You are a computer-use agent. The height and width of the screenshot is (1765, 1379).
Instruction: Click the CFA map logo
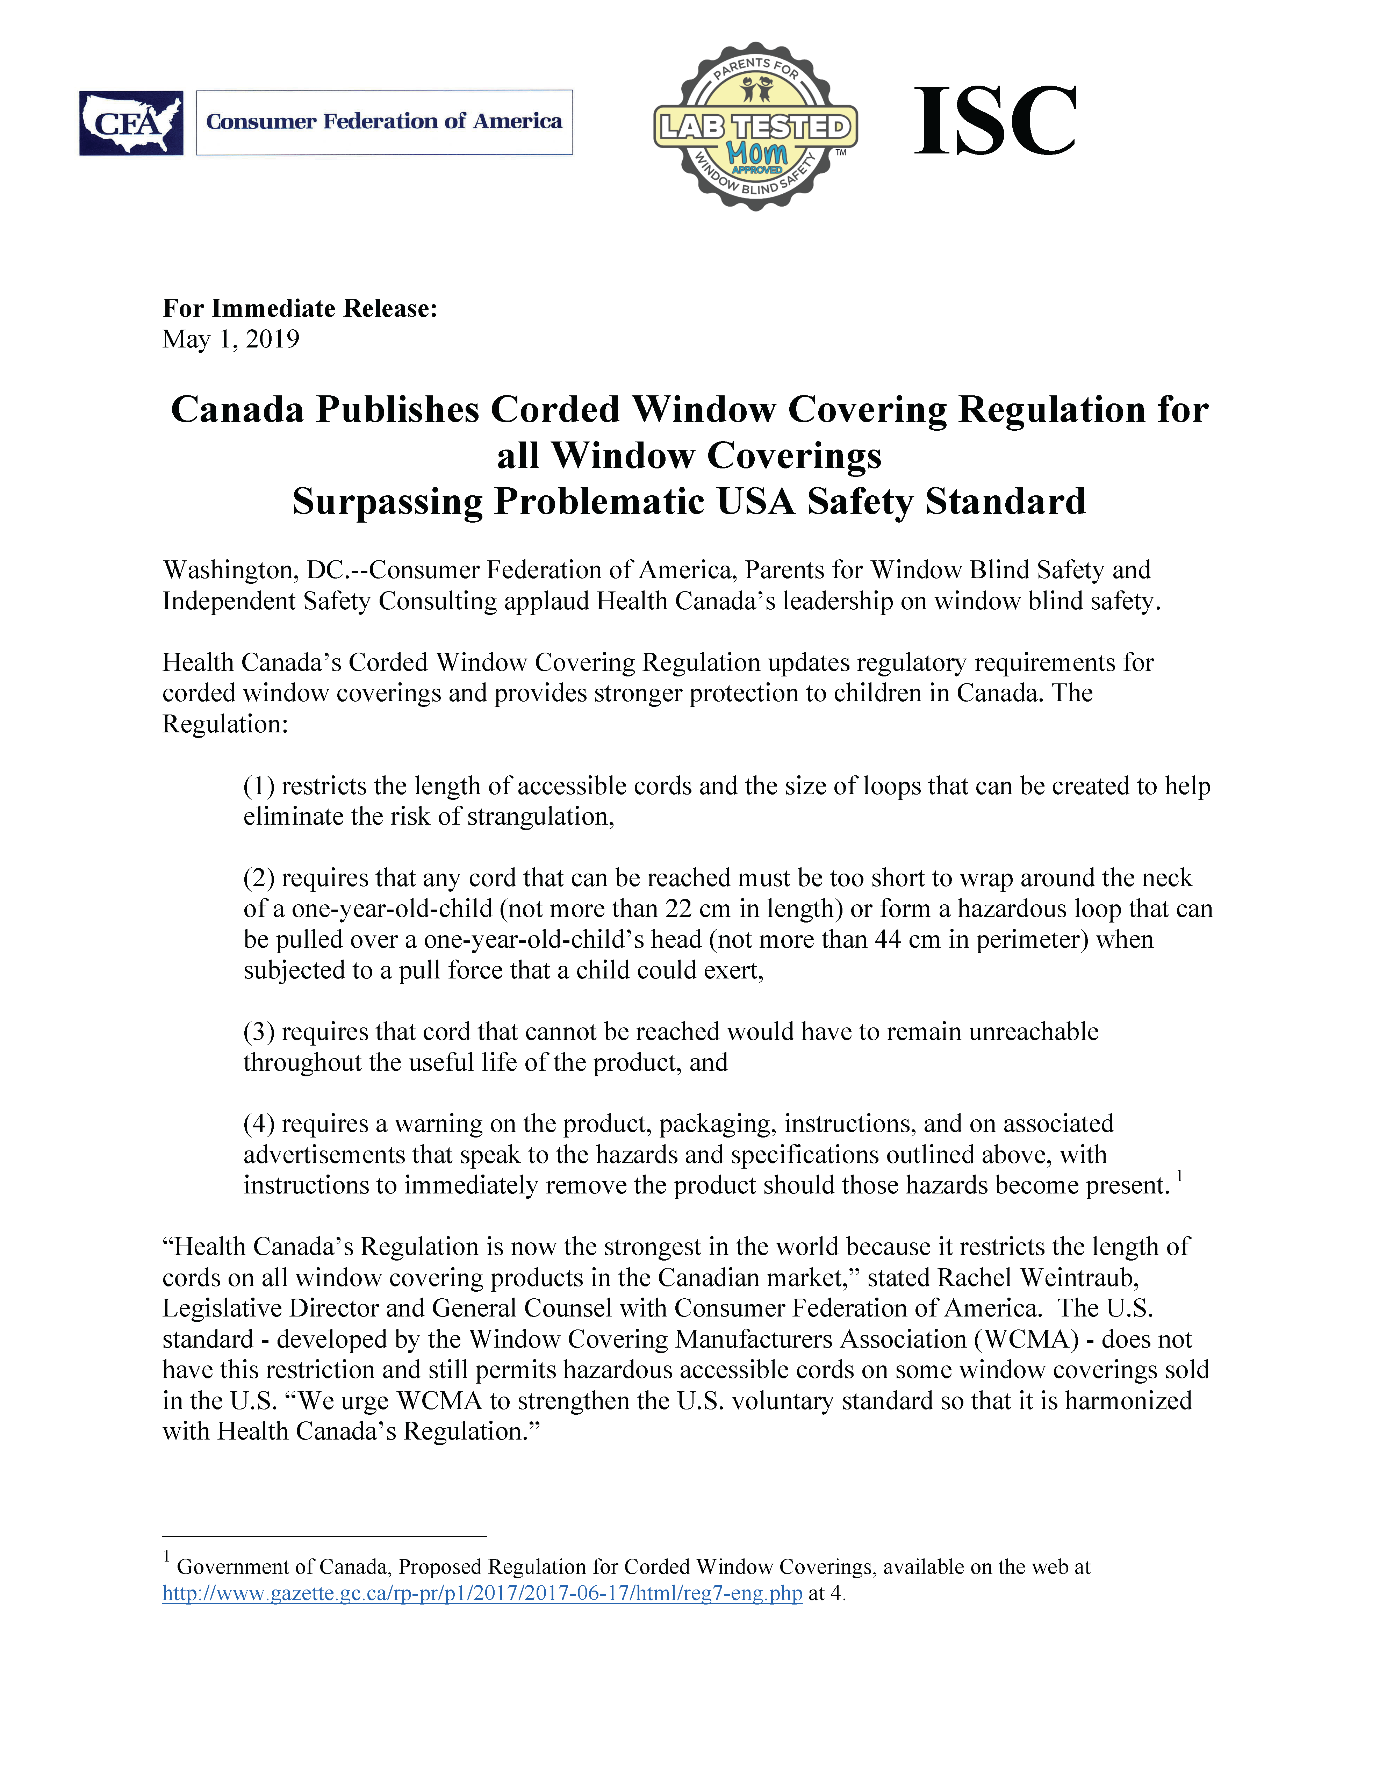click(x=131, y=123)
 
